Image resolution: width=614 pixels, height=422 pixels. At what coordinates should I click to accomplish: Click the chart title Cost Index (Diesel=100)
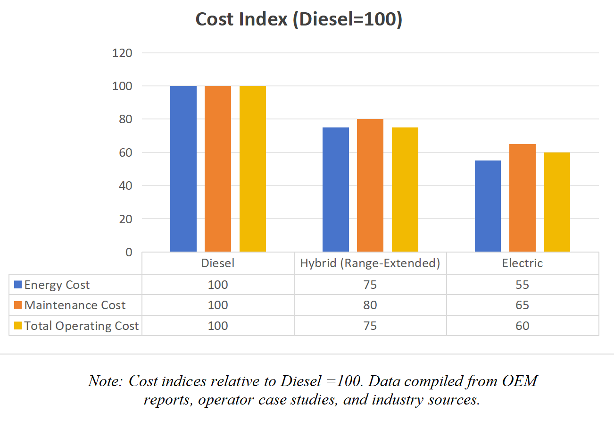tap(299, 20)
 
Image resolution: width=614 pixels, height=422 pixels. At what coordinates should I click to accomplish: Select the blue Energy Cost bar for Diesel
tap(183, 169)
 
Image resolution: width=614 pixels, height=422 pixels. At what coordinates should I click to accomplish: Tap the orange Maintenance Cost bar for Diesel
tap(218, 169)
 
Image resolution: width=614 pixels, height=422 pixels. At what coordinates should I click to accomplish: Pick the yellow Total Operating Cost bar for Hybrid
tap(405, 189)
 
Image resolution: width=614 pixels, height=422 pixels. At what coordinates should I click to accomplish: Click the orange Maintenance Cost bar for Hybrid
tap(370, 185)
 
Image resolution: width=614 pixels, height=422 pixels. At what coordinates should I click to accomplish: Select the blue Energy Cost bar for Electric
tap(488, 206)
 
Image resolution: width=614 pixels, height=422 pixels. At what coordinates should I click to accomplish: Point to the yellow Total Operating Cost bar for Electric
tap(557, 202)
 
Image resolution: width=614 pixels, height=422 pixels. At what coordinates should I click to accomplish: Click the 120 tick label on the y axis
tap(122, 53)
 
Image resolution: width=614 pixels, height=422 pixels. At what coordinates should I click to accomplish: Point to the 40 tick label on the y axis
tap(125, 186)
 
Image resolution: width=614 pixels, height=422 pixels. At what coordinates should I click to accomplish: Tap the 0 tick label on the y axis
tap(129, 253)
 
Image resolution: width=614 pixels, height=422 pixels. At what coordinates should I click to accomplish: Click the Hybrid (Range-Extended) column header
tap(370, 263)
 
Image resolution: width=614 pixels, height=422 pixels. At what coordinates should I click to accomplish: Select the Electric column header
tap(523, 263)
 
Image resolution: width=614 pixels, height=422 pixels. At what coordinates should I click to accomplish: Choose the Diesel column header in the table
tap(218, 263)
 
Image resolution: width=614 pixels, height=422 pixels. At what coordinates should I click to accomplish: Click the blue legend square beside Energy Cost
tap(18, 285)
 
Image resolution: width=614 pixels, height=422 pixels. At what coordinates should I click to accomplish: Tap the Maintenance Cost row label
tap(75, 305)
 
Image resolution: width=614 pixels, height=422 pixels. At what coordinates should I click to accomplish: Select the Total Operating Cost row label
tap(82, 326)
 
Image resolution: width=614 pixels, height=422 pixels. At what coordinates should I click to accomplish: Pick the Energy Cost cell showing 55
tap(523, 285)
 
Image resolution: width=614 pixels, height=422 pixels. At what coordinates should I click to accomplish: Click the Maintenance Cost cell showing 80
tap(370, 305)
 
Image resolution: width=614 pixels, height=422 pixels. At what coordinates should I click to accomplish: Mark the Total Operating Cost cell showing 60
tap(523, 326)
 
